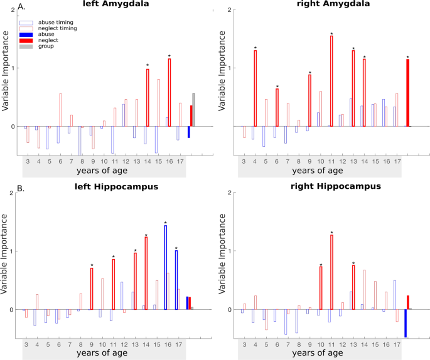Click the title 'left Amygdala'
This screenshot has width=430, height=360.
(104, 6)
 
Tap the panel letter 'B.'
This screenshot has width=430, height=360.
(6, 186)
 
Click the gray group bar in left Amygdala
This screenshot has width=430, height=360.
(193, 110)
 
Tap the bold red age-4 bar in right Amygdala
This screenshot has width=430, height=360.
(255, 88)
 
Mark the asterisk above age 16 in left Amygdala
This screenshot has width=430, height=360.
(169, 55)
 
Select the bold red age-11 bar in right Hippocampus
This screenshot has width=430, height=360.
(331, 272)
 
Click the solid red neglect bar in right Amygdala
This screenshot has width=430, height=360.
(407, 93)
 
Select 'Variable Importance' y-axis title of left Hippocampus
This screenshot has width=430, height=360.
(6, 251)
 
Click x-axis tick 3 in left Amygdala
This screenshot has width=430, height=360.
(28, 161)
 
